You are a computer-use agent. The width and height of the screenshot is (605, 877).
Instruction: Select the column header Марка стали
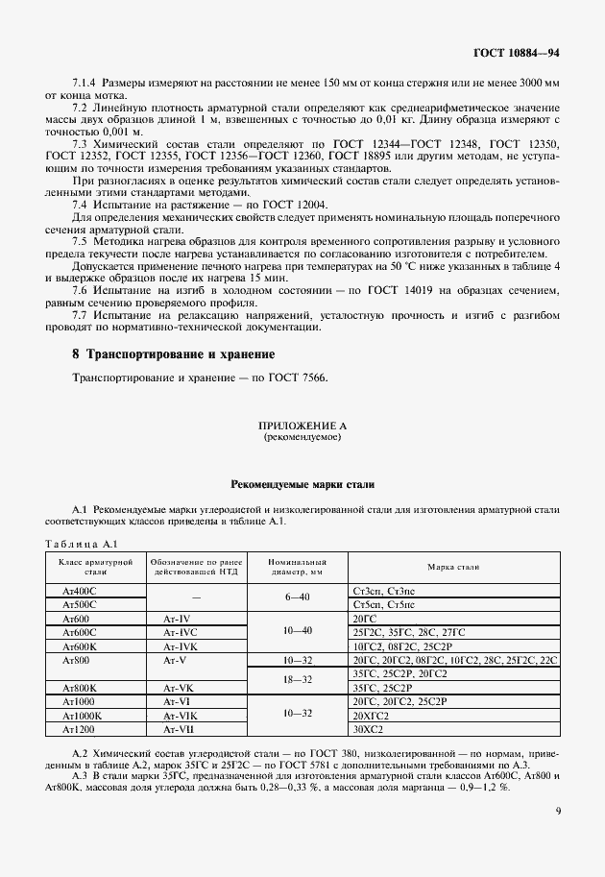coord(453,567)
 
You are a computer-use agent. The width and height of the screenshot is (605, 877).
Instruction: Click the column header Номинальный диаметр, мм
coord(298,566)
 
